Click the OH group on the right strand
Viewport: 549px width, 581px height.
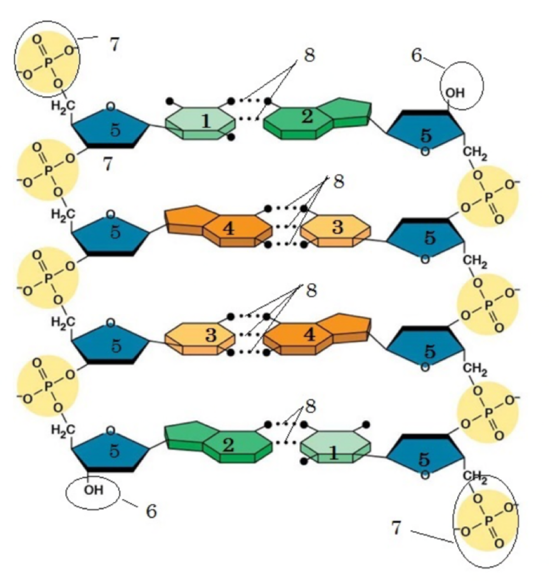click(x=455, y=93)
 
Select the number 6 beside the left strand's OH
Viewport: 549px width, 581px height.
click(x=150, y=511)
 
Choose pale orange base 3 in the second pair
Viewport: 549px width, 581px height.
click(x=337, y=228)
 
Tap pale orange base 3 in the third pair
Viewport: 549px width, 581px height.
click(x=210, y=335)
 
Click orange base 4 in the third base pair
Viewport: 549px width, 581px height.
click(x=309, y=335)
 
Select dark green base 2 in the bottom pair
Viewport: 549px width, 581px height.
click(x=228, y=444)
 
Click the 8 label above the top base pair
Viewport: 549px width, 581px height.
click(x=310, y=57)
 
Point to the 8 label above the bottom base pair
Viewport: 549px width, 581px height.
click(x=311, y=407)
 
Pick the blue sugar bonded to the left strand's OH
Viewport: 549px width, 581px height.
click(x=113, y=451)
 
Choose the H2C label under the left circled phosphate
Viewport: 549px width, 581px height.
click(x=61, y=105)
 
